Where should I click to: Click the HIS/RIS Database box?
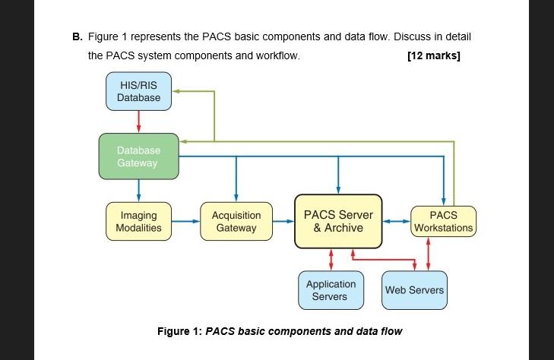(138, 91)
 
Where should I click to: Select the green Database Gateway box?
(138, 157)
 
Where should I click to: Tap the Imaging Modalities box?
(138, 222)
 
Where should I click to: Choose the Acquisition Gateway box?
(236, 222)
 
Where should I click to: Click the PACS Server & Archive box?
(338, 221)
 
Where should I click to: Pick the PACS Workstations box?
(443, 222)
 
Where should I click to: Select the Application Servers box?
(331, 290)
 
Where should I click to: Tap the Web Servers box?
(414, 290)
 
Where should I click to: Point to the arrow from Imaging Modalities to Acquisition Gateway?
(186, 222)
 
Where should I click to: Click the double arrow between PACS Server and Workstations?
(395, 222)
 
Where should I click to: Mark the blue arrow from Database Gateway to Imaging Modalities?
(138, 191)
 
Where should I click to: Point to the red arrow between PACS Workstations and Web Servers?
(429, 254)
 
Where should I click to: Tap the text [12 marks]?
(434, 55)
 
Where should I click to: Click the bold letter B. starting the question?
(77, 36)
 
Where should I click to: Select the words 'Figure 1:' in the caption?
(179, 331)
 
